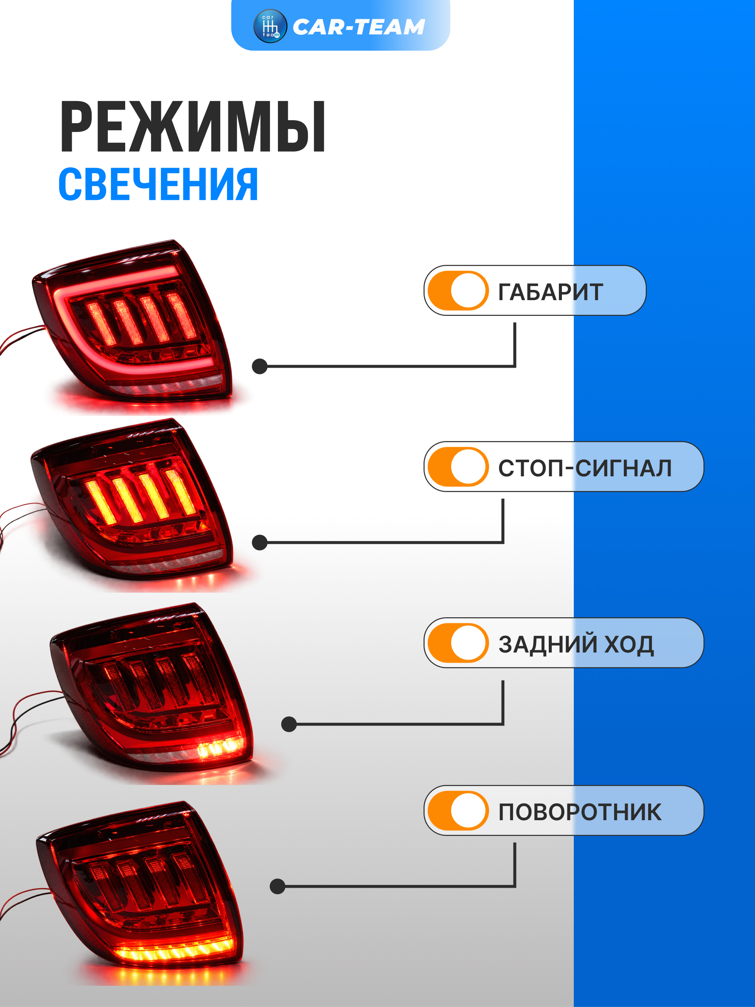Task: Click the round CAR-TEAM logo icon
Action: [x=270, y=26]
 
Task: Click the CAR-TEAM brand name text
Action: [x=359, y=27]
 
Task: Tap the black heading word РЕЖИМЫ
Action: [x=193, y=127]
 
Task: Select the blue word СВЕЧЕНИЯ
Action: [x=158, y=184]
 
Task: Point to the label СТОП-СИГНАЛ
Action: [x=585, y=468]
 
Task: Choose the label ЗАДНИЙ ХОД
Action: [x=576, y=644]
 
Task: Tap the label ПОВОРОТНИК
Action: [x=580, y=812]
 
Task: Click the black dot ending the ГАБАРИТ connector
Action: [x=259, y=366]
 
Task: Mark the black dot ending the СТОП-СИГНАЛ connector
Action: [x=259, y=542]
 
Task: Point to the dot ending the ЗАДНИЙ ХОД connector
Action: [x=289, y=724]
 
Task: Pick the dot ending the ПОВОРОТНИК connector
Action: [x=277, y=886]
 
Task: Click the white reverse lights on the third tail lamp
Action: [x=220, y=748]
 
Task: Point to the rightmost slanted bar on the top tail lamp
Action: [x=181, y=315]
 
